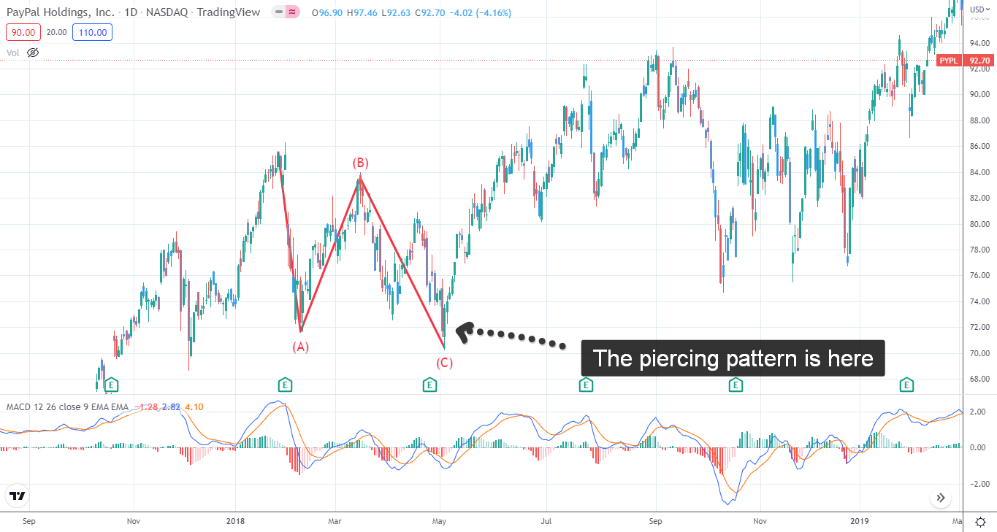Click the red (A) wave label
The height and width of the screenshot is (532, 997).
point(301,347)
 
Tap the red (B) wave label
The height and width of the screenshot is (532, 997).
point(360,162)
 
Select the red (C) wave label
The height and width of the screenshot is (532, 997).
point(445,363)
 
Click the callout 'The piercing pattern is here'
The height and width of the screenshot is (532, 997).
point(733,358)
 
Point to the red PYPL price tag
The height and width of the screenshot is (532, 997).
point(949,61)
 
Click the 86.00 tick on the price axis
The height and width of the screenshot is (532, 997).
point(979,146)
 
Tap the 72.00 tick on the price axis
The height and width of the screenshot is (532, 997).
point(979,327)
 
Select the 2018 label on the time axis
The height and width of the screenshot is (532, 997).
point(235,521)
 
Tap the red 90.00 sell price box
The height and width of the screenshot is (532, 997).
point(23,32)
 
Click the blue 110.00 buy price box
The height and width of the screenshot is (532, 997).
point(92,32)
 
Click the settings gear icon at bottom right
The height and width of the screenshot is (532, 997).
point(981,521)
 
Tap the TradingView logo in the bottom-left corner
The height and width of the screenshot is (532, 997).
point(18,496)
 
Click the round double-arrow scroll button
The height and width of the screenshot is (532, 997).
point(940,498)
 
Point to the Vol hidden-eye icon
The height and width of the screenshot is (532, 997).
point(32,53)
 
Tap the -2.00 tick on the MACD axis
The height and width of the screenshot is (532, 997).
point(977,484)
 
